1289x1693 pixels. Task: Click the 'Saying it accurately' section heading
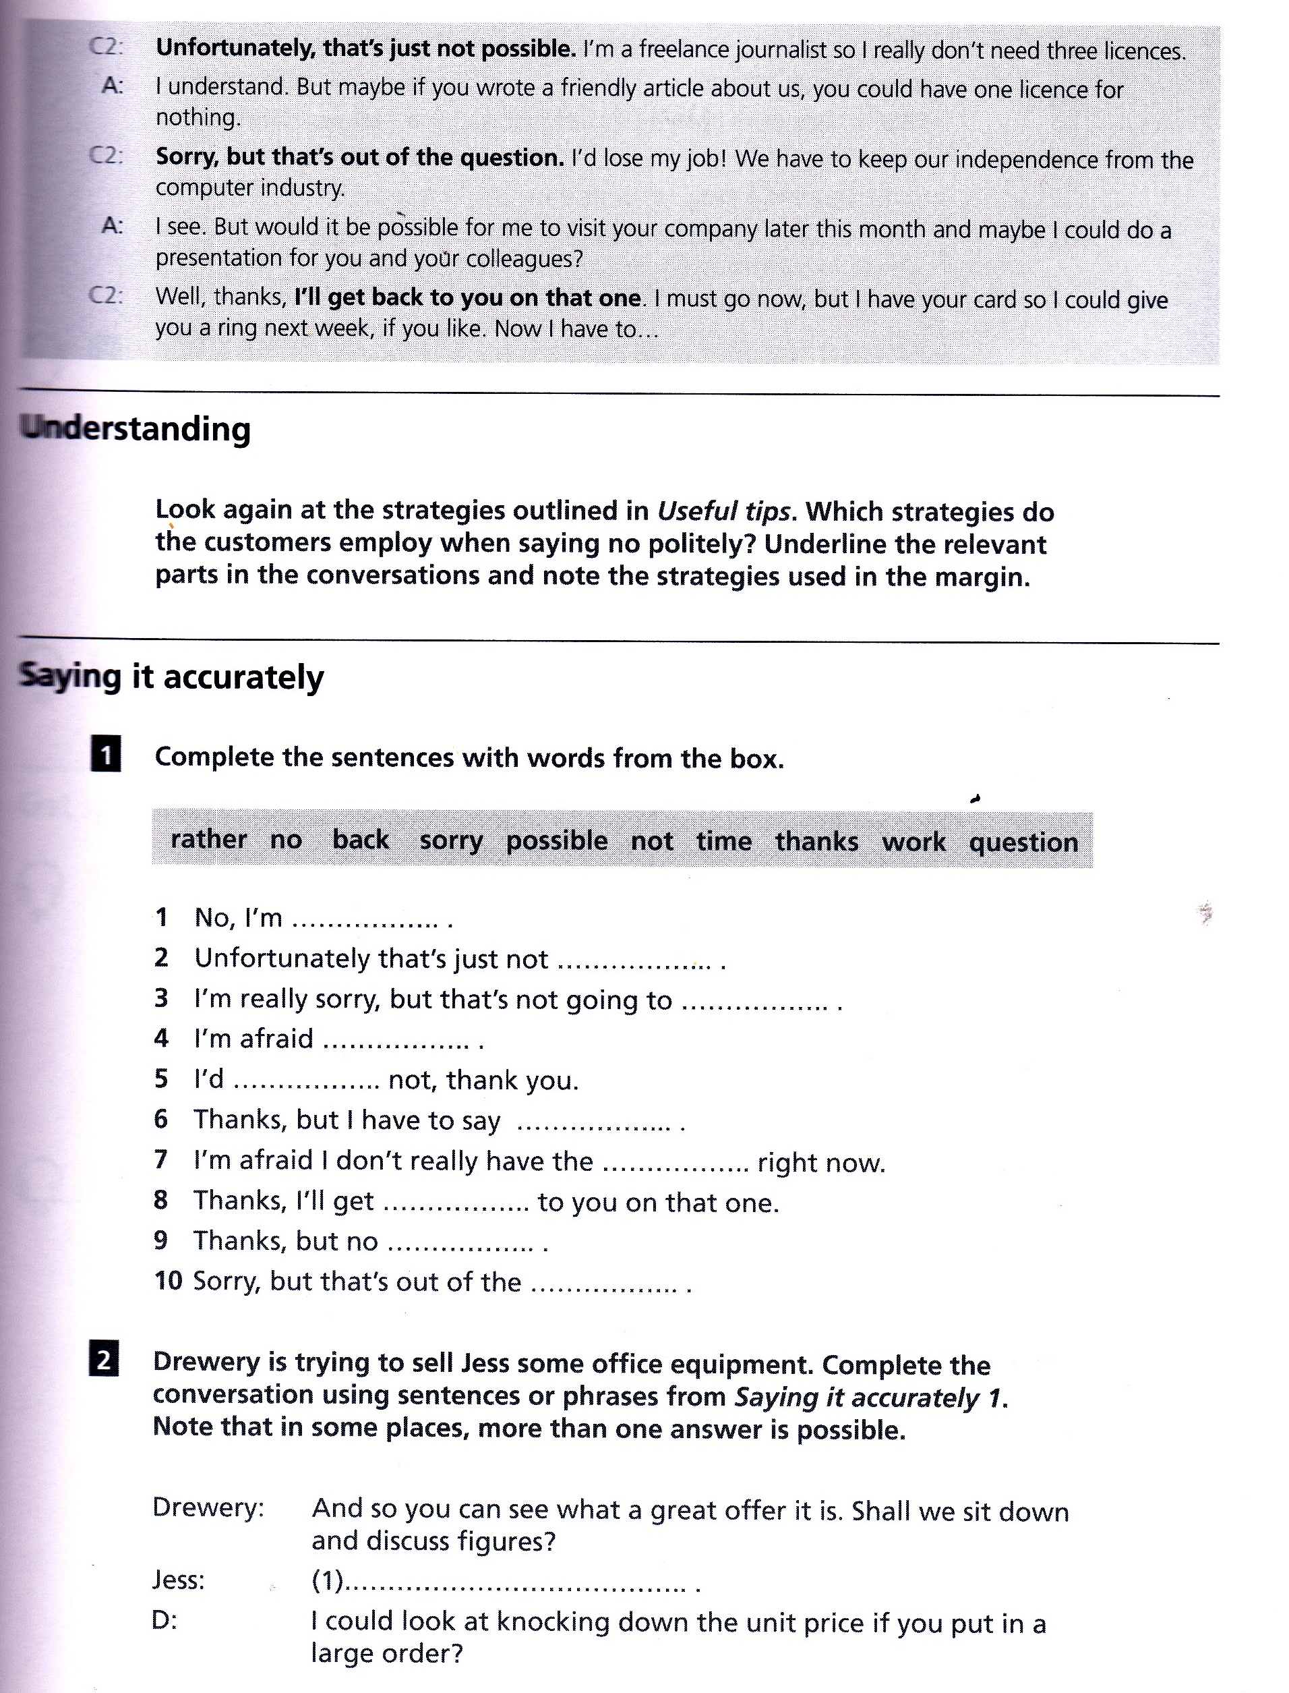tap(171, 677)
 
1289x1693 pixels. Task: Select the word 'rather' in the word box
tap(209, 839)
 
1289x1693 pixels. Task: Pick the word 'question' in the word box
tap(1023, 842)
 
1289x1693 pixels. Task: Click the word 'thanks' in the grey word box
tap(816, 841)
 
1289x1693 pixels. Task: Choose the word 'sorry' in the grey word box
tap(450, 840)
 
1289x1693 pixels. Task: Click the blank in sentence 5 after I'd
tap(306, 1081)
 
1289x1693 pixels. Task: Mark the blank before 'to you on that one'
tap(456, 1202)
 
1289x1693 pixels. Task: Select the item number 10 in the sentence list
tap(168, 1281)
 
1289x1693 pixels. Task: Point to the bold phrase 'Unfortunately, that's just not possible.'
tap(365, 49)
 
